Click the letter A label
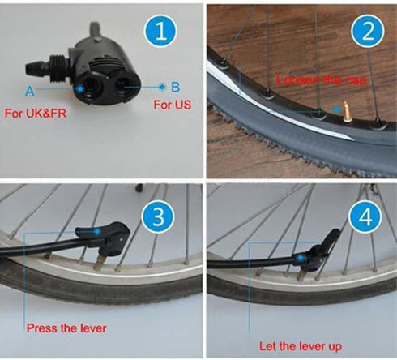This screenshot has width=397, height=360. coord(30,90)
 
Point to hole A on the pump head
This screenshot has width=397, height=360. coord(86,84)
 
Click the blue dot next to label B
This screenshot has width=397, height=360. coord(161,84)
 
